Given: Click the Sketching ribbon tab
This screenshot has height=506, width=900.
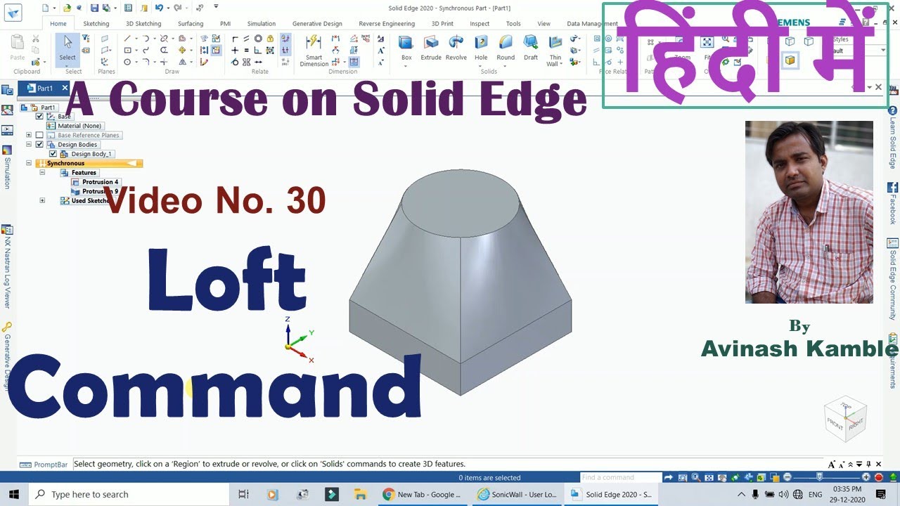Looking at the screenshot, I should click(96, 24).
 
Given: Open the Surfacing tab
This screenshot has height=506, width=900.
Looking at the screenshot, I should click(191, 24).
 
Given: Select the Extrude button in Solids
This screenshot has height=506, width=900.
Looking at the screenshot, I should click(431, 48).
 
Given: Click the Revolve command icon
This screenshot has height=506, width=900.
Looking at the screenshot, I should click(456, 48).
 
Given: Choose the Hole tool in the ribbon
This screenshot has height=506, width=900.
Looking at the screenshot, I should click(481, 48).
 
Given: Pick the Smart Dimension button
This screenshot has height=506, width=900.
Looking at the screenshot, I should click(314, 49).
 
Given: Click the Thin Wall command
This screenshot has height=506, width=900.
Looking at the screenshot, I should click(555, 49).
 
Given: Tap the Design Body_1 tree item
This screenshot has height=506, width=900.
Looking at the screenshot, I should click(91, 154).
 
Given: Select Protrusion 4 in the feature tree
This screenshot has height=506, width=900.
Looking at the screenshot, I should click(100, 182).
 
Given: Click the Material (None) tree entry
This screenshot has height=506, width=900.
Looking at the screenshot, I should click(79, 126).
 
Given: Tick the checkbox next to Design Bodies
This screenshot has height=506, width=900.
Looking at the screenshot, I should click(39, 145).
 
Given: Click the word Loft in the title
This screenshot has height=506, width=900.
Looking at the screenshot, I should click(227, 280).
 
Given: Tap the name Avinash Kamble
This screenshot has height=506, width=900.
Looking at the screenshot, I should click(799, 349).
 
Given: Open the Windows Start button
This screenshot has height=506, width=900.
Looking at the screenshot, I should click(13, 494).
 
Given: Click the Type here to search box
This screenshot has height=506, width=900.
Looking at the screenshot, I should click(90, 494).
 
